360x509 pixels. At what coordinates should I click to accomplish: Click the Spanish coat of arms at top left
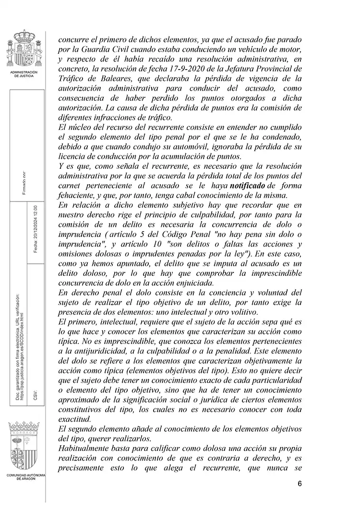tap(24, 49)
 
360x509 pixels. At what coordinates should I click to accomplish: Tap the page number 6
tap(300, 483)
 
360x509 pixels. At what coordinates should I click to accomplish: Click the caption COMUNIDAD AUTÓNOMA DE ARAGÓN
tap(25, 477)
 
